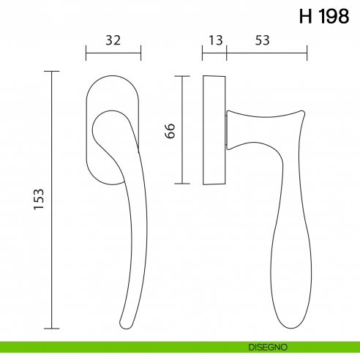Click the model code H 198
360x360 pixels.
click(323, 18)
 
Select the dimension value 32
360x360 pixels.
click(113, 40)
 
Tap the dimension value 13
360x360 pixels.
click(214, 40)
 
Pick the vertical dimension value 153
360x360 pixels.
click(40, 200)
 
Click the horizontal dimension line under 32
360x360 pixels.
click(113, 53)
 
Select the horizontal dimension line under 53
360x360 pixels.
click(266, 53)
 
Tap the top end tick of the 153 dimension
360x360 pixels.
click(51, 71)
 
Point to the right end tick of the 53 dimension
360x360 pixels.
click(307, 53)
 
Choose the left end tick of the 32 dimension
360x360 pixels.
click(86, 53)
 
